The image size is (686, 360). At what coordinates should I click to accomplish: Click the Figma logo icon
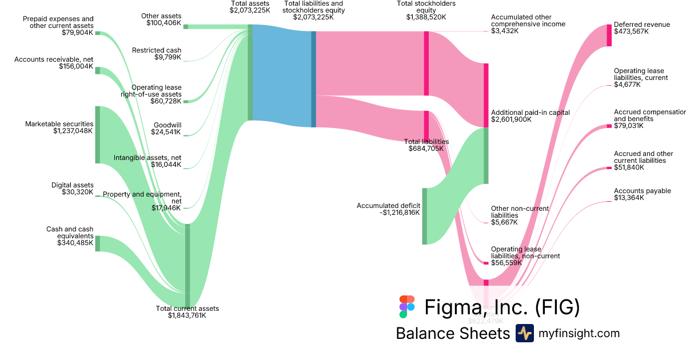click(407, 307)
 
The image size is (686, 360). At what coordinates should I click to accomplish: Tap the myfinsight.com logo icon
click(524, 333)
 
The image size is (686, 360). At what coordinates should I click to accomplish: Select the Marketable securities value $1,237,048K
click(73, 131)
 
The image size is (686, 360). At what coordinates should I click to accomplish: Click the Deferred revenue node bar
click(609, 35)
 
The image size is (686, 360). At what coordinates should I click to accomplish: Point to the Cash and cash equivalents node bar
click(98, 243)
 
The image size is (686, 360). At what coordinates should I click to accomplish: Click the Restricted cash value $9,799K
click(168, 57)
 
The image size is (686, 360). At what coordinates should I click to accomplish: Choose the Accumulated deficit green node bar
click(424, 216)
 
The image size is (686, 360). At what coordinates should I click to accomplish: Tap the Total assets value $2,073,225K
click(250, 10)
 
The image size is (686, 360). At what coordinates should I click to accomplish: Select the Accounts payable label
click(642, 191)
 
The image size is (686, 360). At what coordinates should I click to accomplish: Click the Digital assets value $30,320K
click(77, 192)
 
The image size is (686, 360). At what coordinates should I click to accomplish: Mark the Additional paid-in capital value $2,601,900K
click(512, 120)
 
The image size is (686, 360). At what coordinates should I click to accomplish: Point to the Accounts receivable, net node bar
click(98, 70)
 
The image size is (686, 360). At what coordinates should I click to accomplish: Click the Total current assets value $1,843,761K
click(187, 315)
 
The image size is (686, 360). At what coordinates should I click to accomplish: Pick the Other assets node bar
click(186, 26)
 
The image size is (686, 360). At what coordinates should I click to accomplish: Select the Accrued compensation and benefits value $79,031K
click(628, 126)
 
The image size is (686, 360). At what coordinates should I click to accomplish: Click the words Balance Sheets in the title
click(452, 333)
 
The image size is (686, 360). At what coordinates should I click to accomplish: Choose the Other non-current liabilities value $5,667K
click(504, 222)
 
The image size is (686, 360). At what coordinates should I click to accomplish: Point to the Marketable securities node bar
click(98, 134)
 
